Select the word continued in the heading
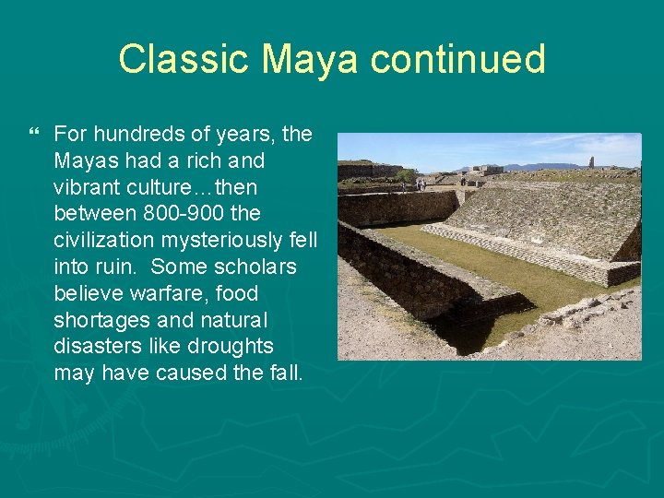[458, 59]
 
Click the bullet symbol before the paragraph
[36, 135]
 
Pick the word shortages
[99, 321]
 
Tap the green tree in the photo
[406, 175]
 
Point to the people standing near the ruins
[420, 184]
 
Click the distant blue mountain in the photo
[535, 166]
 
